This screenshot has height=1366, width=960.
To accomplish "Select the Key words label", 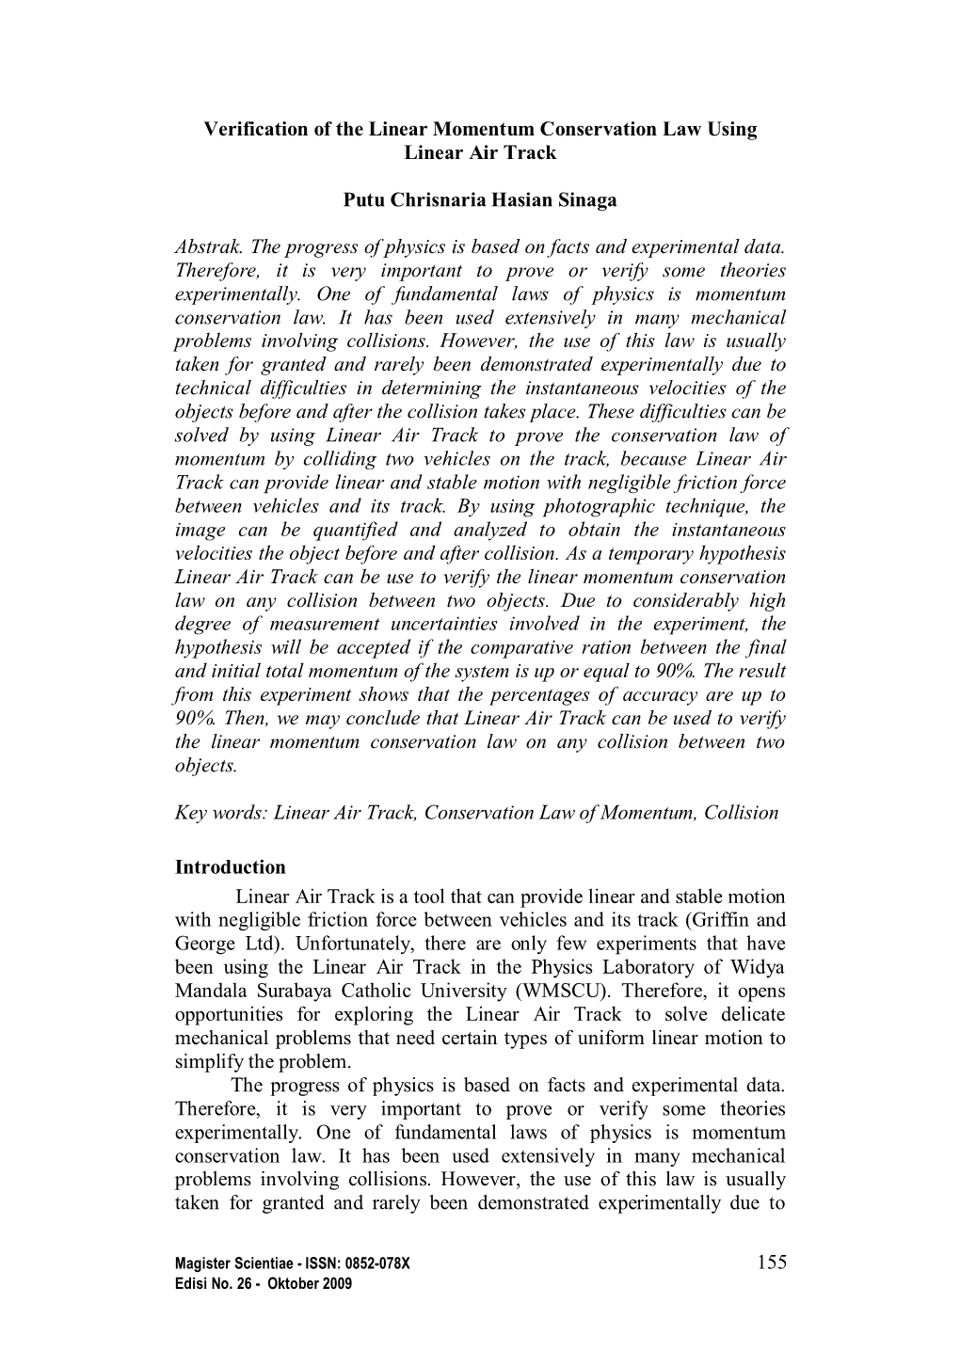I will (x=221, y=813).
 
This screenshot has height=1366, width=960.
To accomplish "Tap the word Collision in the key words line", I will (x=741, y=813).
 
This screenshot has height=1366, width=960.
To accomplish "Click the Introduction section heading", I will (x=230, y=866).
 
